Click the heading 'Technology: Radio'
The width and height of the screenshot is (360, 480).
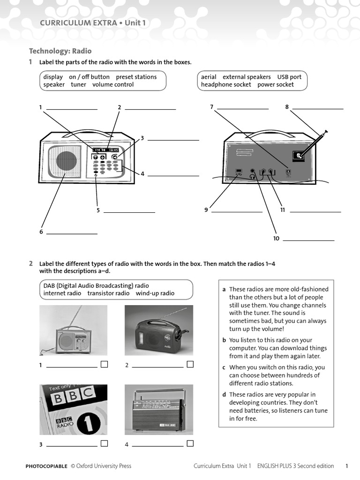pos(60,51)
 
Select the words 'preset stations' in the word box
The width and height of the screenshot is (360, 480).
pos(136,77)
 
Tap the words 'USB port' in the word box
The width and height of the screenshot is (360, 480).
pos(289,77)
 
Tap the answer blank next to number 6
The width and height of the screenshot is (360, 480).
pos(72,233)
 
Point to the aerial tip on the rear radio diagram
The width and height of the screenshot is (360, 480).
pos(325,132)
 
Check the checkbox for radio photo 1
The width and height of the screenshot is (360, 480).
pos(104,364)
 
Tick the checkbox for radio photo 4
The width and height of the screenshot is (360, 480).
pos(190,443)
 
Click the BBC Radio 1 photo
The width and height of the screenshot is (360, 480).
pos(73,410)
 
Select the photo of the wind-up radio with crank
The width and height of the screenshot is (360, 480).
pos(158,330)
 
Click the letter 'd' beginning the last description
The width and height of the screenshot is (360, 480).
pos(224,395)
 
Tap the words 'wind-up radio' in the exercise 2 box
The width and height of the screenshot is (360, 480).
pos(155,293)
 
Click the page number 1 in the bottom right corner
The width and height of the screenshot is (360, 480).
pos(347,466)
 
